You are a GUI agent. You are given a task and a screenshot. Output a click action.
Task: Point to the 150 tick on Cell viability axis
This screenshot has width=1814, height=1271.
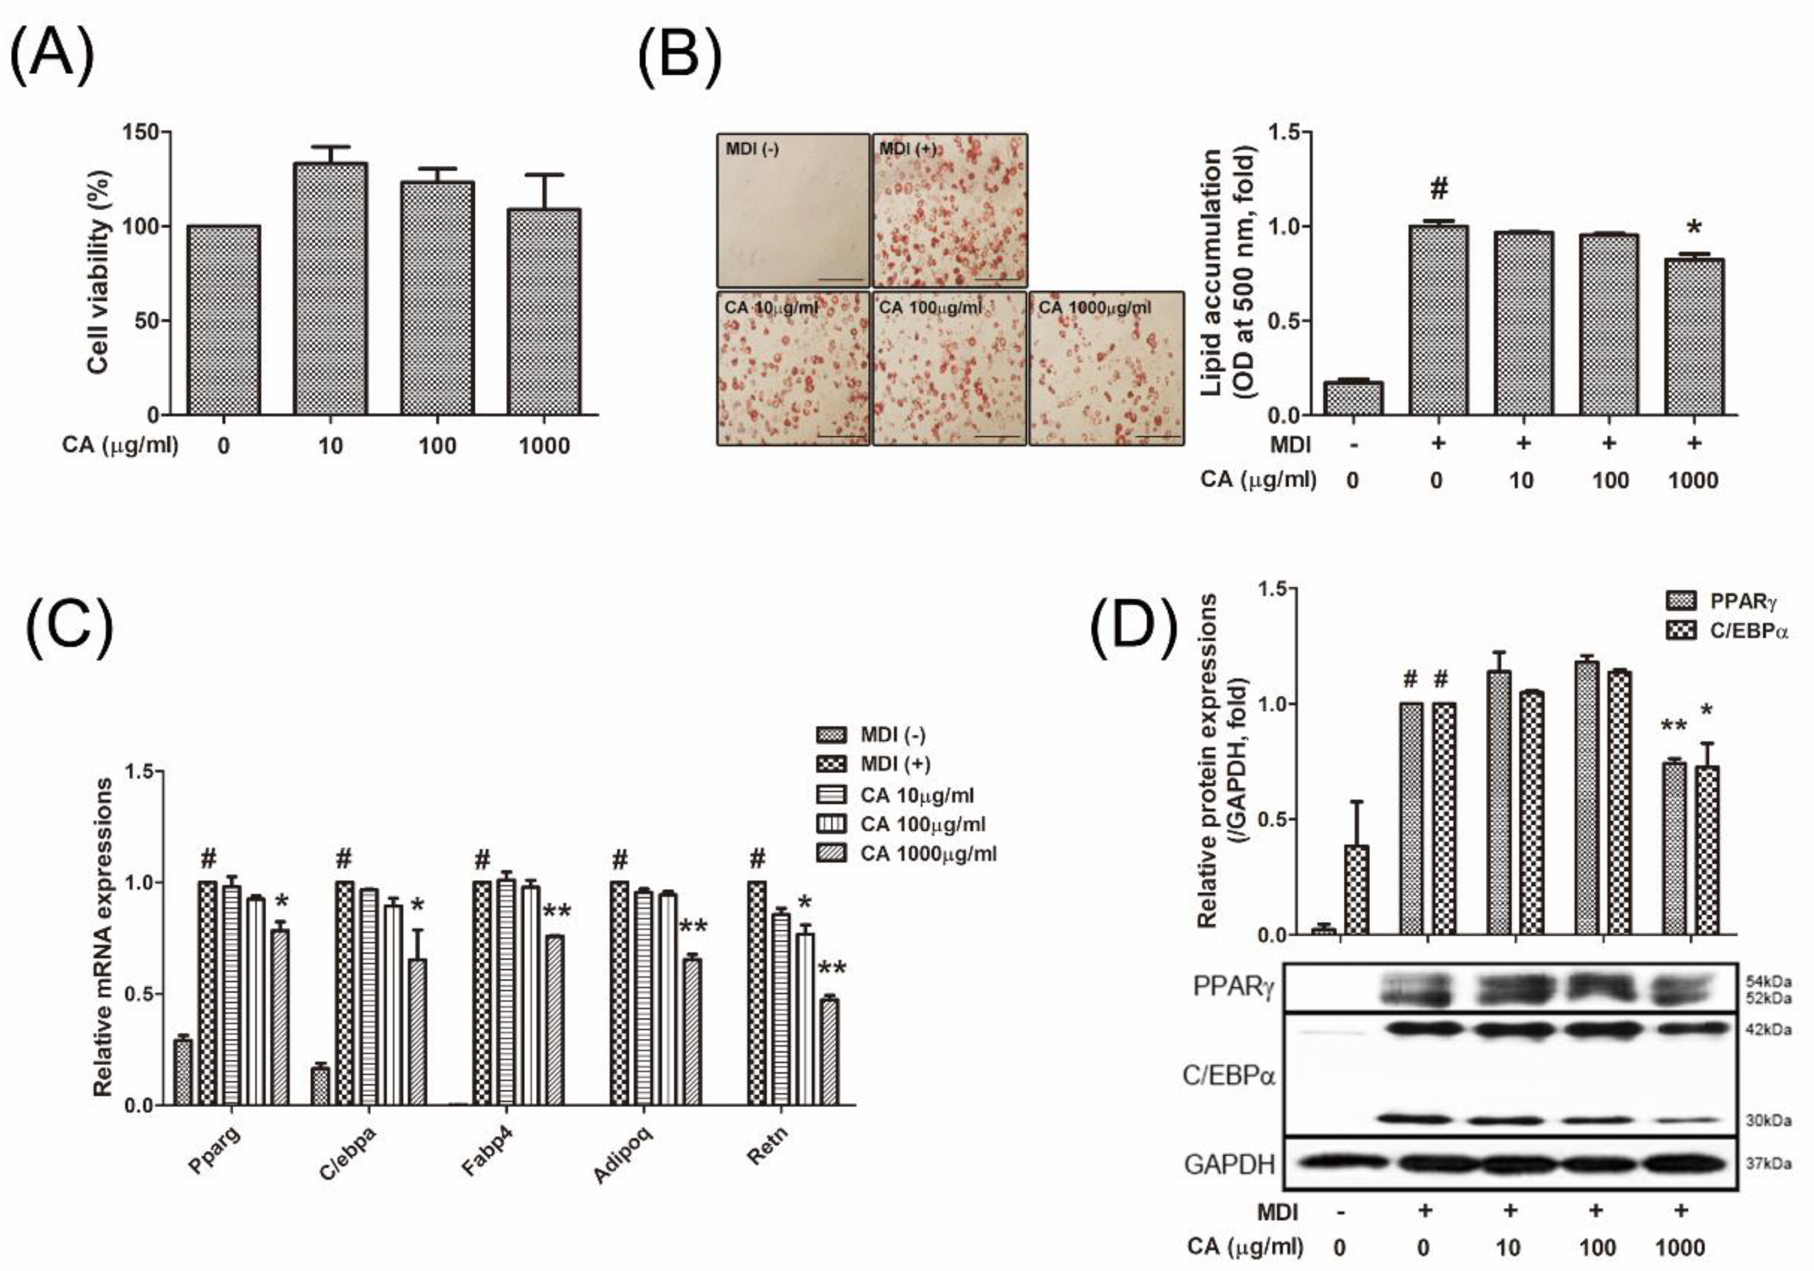pos(142,131)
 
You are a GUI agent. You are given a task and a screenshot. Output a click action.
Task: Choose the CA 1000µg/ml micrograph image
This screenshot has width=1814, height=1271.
pos(1106,368)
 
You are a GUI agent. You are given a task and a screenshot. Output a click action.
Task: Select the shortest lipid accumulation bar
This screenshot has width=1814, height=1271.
pos(1354,399)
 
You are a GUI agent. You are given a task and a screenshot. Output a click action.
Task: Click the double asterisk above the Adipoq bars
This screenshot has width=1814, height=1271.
pos(694,926)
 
